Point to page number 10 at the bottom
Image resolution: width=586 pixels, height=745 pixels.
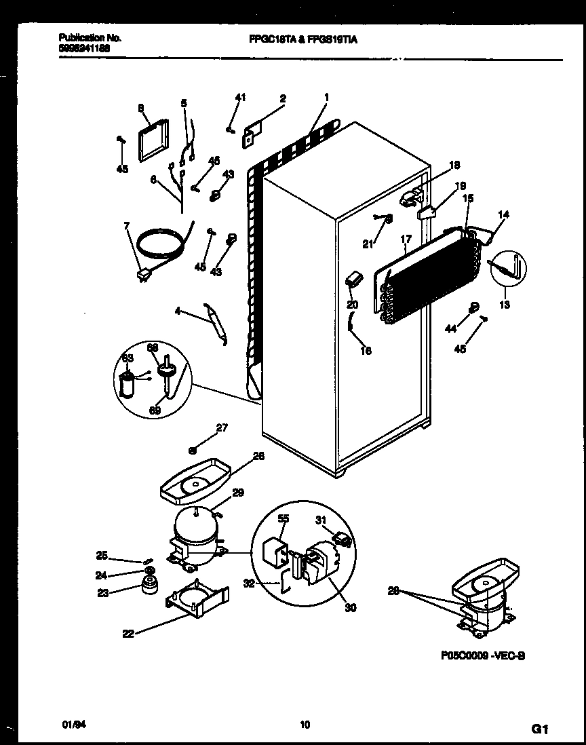tap(305, 725)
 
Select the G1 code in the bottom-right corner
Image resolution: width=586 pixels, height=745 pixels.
tap(539, 729)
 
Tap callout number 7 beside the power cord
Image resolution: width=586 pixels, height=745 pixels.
tap(126, 226)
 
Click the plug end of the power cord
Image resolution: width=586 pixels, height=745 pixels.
tap(144, 275)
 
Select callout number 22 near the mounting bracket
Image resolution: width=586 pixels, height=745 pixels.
tap(128, 634)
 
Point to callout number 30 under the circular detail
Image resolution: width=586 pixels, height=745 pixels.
tap(350, 607)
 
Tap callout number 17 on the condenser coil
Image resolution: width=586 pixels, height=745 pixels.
tap(406, 239)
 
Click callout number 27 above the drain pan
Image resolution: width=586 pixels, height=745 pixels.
tap(221, 427)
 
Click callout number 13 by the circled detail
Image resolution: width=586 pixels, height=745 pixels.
tap(503, 305)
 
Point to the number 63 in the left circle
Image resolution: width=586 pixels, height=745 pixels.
tap(128, 358)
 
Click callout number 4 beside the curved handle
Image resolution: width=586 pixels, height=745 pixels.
tap(178, 312)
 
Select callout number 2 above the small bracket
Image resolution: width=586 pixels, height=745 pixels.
tap(283, 98)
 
